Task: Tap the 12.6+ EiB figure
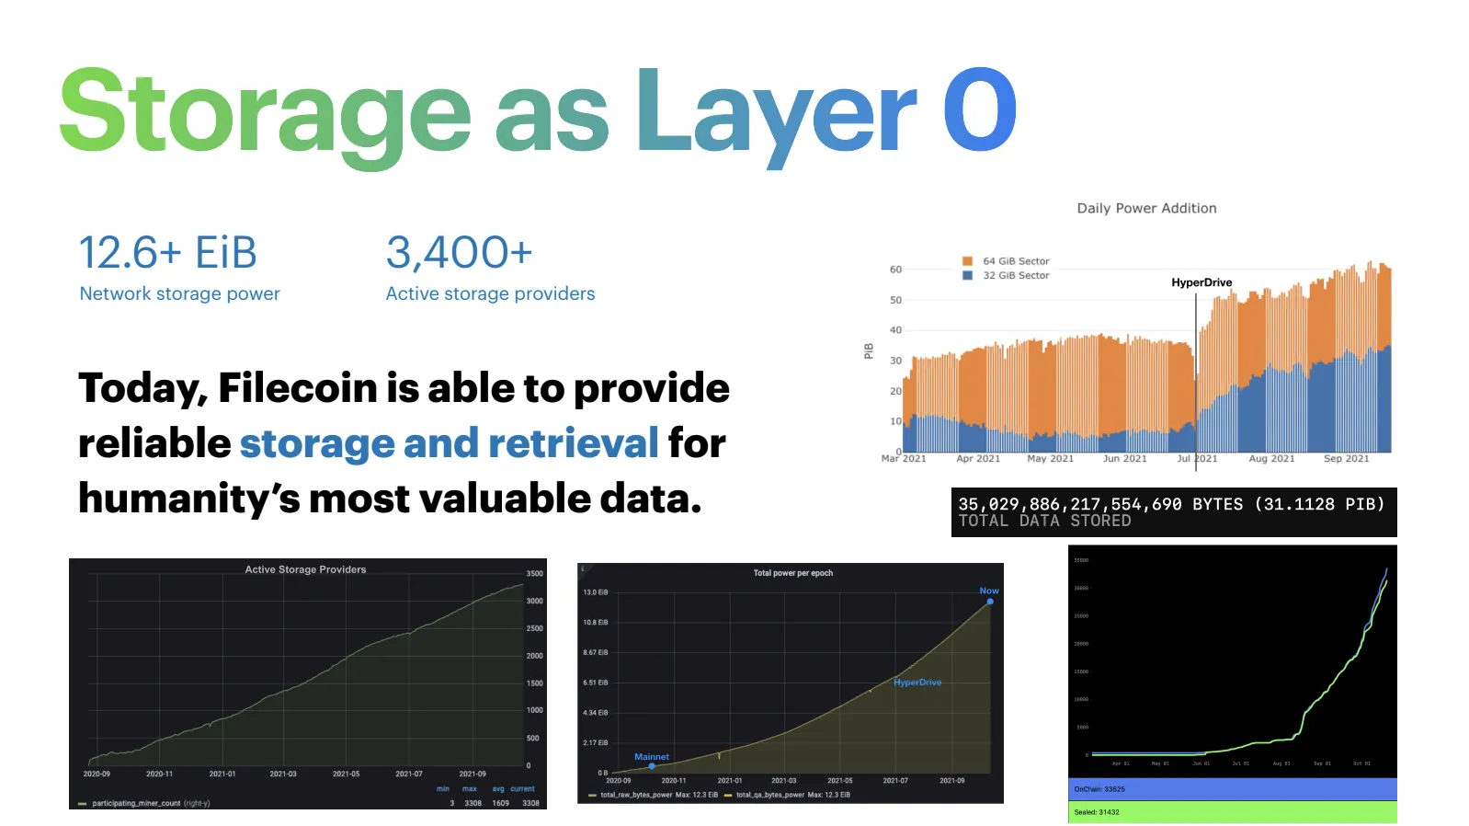pos(167,253)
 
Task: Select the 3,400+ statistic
pos(459,253)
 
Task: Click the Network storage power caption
pos(179,293)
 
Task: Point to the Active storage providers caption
pos(490,293)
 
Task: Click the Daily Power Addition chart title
pos(1146,209)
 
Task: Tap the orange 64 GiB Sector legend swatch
pos(967,261)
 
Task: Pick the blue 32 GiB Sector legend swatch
pos(967,275)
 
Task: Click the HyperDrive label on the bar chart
pos(1201,282)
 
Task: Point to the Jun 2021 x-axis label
pos(1124,458)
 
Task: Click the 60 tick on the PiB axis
pos(895,270)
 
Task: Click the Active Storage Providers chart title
pos(305,569)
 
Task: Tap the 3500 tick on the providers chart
pos(534,573)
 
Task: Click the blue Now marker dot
pos(990,602)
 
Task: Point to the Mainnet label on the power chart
pos(652,757)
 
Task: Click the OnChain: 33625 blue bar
pos(1232,789)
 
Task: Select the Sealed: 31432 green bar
pos(1232,812)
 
